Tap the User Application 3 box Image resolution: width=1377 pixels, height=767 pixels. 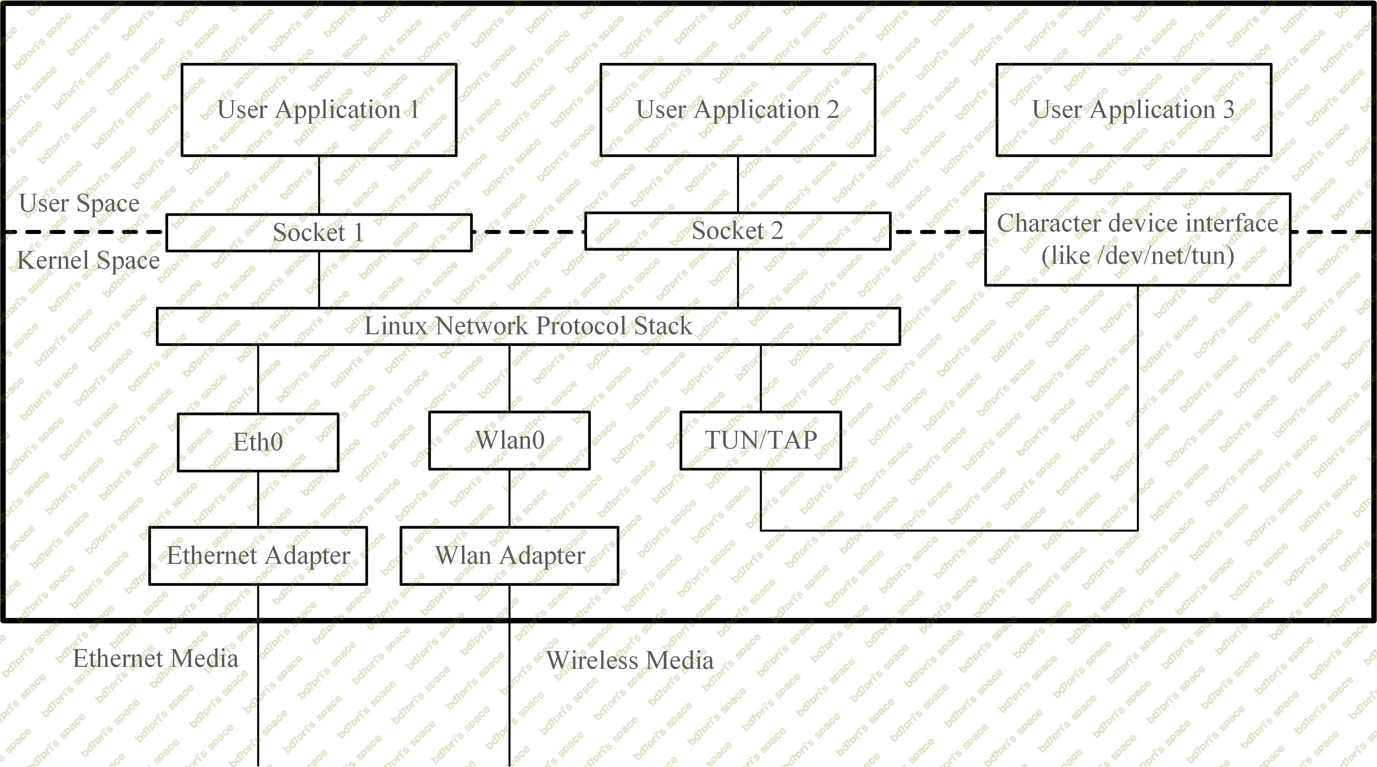tap(1133, 110)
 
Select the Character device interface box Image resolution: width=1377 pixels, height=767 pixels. tap(1138, 239)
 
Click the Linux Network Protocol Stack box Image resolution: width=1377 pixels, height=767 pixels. tap(528, 326)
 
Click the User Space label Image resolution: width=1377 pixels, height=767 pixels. tap(79, 203)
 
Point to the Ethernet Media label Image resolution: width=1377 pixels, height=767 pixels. tap(155, 658)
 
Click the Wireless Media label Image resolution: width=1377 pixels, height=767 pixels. tap(629, 660)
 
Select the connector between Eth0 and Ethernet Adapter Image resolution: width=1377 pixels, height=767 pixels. tap(258, 499)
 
